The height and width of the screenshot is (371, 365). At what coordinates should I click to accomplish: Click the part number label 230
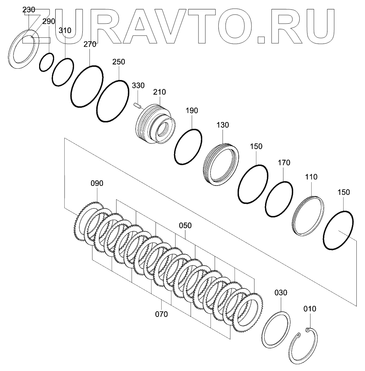(29, 10)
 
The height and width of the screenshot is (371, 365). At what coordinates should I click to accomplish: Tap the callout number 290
(48, 21)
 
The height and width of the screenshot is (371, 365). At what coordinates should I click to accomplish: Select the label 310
(65, 31)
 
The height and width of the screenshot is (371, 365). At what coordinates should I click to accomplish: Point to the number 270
(90, 44)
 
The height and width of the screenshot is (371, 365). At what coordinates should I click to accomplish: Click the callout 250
(119, 62)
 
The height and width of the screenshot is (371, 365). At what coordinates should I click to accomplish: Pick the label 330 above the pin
(138, 86)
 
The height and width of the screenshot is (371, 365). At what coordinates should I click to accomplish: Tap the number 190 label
(192, 110)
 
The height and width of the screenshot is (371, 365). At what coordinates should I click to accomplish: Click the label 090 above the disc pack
(97, 183)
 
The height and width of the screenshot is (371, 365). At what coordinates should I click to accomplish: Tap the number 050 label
(185, 225)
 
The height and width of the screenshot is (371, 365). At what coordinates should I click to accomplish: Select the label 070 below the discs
(162, 314)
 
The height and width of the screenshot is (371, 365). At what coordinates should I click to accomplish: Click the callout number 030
(281, 292)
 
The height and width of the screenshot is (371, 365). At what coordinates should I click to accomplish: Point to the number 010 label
(310, 309)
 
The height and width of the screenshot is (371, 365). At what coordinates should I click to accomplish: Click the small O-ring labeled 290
(47, 62)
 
